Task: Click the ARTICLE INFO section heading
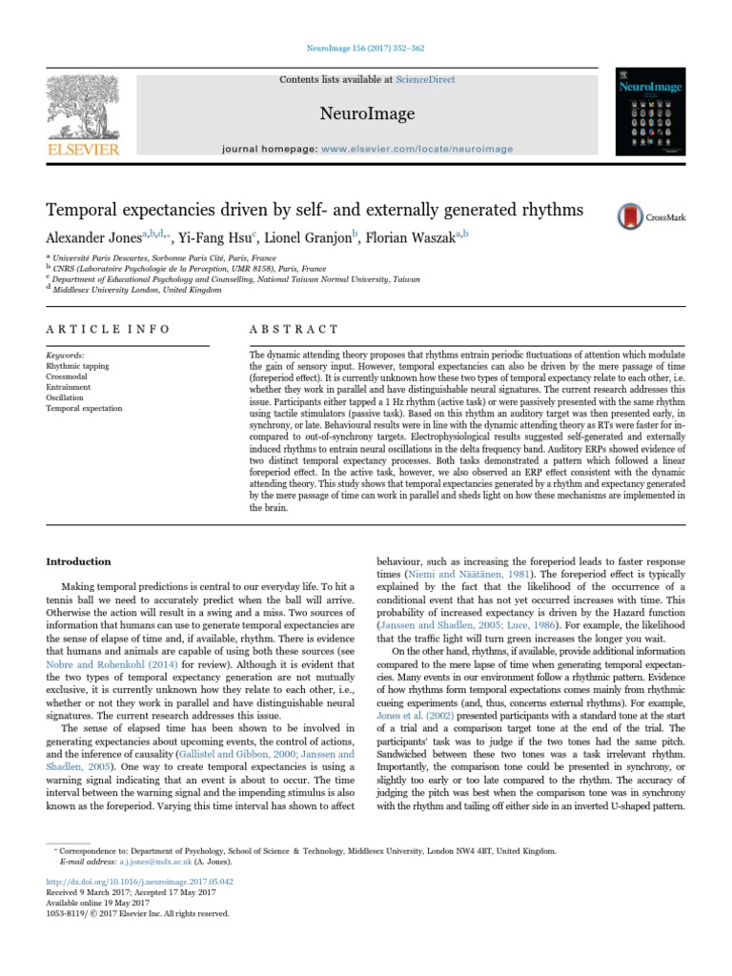(108, 328)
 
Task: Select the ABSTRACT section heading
(293, 328)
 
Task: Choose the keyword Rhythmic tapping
(77, 365)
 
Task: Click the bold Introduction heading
(79, 561)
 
